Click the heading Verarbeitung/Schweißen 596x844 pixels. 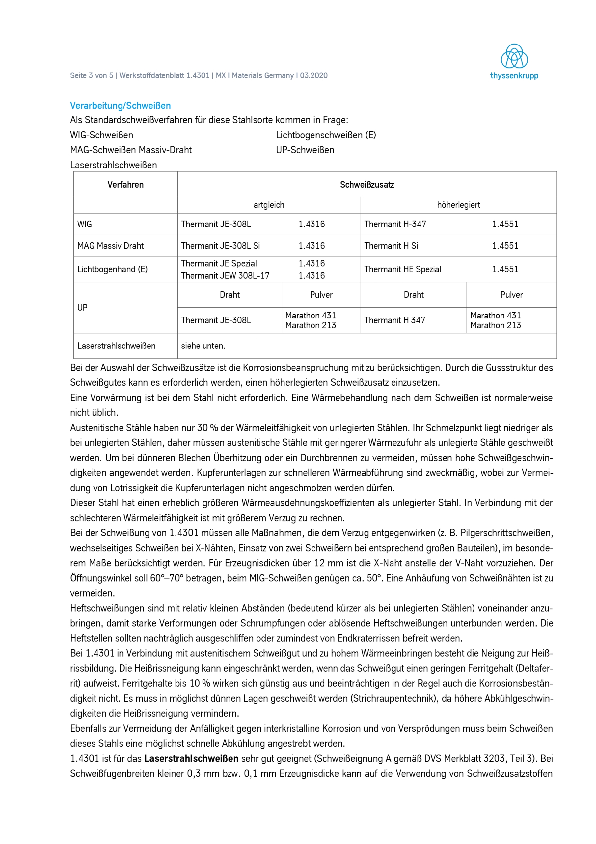click(x=121, y=106)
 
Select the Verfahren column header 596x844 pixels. click(x=125, y=185)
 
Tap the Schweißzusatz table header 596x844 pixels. click(x=367, y=185)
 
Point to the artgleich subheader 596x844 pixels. click(x=269, y=205)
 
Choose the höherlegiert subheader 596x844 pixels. click(x=458, y=205)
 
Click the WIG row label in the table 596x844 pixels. click(x=85, y=224)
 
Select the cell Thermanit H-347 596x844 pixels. click(x=395, y=224)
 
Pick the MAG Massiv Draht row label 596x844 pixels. click(x=111, y=246)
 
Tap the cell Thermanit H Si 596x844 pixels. click(x=391, y=246)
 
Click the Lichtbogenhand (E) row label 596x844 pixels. click(x=112, y=269)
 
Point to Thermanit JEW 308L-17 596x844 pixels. click(x=225, y=275)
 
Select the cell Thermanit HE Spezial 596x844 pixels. click(x=402, y=269)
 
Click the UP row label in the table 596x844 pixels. click(x=82, y=307)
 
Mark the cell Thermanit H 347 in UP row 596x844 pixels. click(x=395, y=320)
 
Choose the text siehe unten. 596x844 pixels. click(x=203, y=346)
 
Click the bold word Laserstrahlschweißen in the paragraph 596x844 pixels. click(x=191, y=758)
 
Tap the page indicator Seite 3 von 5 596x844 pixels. click(x=92, y=76)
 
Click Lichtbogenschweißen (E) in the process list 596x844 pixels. click(x=326, y=135)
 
